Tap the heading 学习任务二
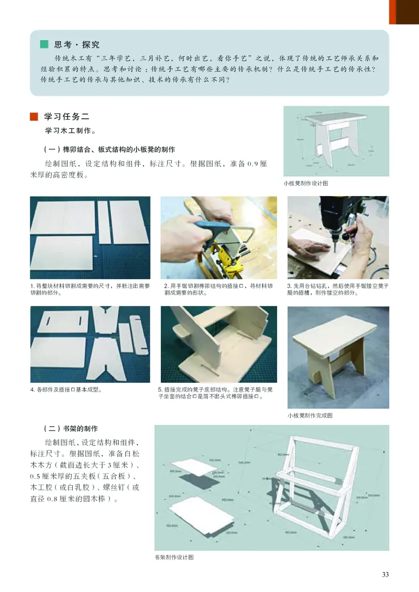pyautogui.click(x=69, y=116)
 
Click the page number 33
pyautogui.click(x=385, y=575)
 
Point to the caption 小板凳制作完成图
pyautogui.click(x=310, y=416)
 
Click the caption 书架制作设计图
pyautogui.click(x=174, y=557)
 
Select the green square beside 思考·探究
pyautogui.click(x=45, y=44)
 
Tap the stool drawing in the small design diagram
pyautogui.click(x=335, y=136)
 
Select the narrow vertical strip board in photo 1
pyautogui.click(x=104, y=222)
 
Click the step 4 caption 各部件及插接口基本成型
pyautogui.click(x=65, y=390)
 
